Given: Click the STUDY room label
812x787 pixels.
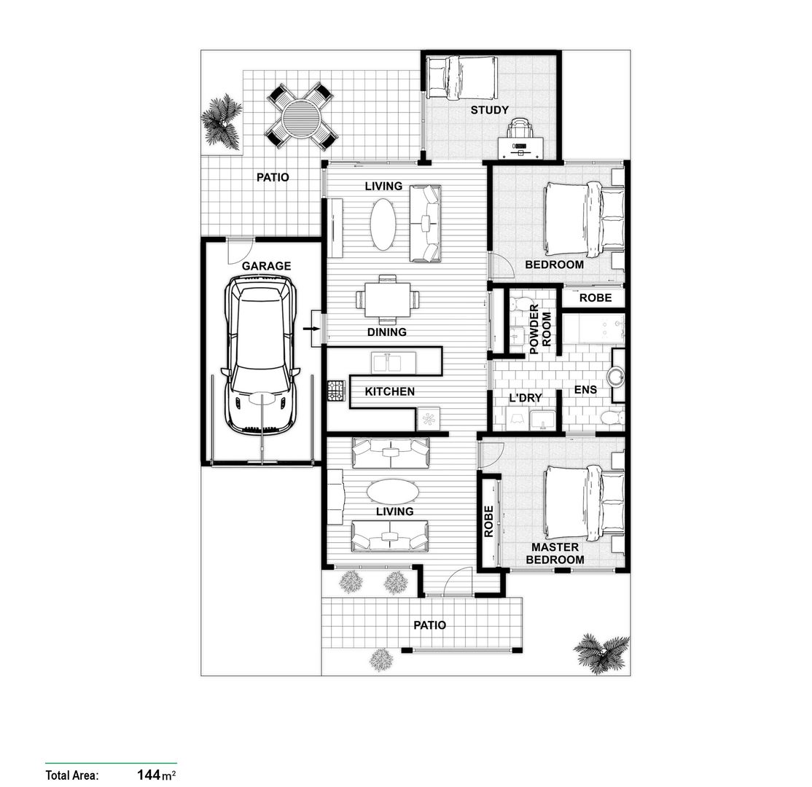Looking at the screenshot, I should (489, 111).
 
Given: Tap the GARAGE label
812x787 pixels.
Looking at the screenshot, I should (266, 266).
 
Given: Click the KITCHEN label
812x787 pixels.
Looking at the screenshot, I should (389, 391).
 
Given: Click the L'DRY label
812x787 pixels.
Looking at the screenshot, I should (525, 399).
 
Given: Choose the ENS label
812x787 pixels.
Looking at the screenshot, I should (585, 390).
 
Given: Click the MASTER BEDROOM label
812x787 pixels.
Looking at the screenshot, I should (555, 553).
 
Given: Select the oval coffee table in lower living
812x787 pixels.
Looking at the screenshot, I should (393, 492).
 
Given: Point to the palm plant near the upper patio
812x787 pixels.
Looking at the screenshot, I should (222, 122).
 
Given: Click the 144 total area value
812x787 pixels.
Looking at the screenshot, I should (148, 774).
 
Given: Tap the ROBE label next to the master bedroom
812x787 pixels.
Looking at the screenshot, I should (488, 522).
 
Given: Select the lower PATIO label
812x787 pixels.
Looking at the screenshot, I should (429, 624).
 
